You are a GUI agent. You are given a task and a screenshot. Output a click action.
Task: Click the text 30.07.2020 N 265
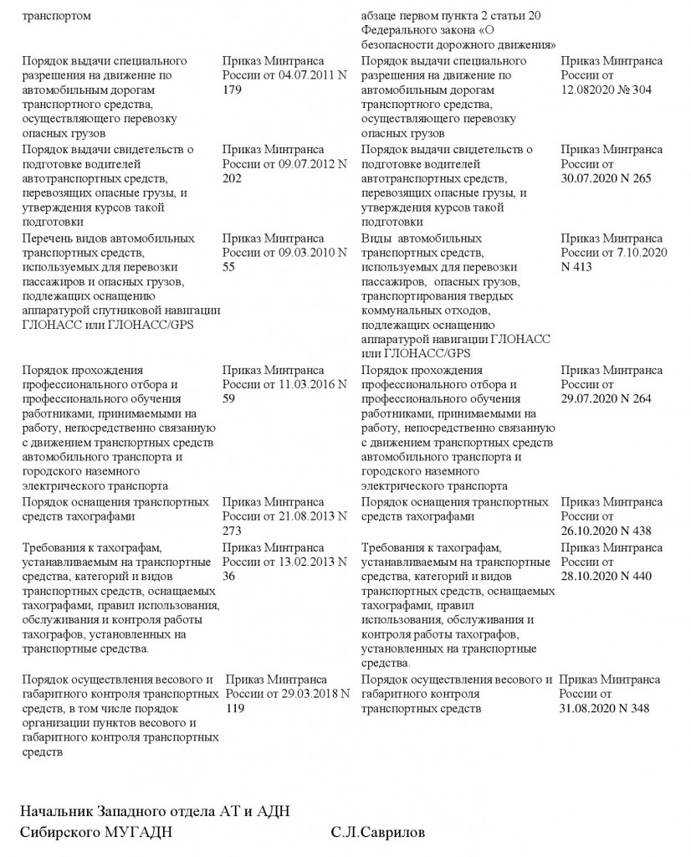click(606, 178)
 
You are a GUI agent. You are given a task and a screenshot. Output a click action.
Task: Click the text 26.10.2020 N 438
click(606, 531)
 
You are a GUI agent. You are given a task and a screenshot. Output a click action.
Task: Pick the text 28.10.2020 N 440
click(606, 576)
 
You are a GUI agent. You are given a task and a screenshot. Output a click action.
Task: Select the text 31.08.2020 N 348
click(604, 708)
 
